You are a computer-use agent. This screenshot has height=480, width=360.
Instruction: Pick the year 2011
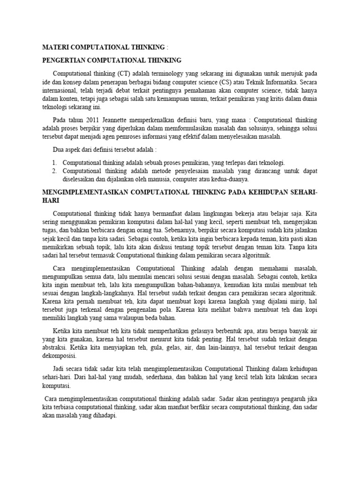(95, 120)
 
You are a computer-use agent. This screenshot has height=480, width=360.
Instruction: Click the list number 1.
(55, 163)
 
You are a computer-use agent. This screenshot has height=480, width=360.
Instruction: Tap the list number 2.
(55, 171)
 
